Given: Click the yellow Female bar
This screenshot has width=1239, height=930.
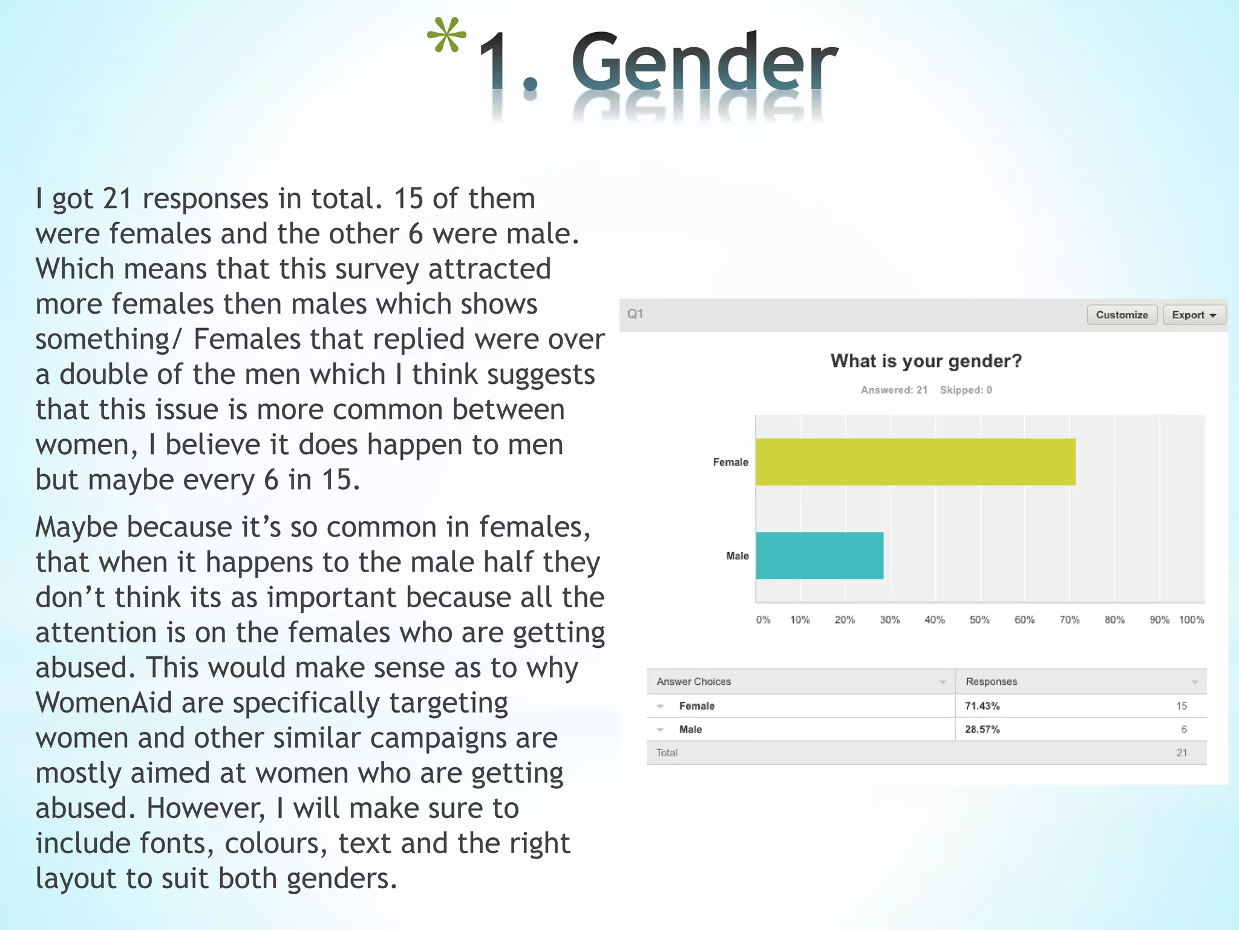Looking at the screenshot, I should coord(915,462).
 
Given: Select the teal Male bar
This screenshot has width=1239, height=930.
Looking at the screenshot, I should coord(820,556).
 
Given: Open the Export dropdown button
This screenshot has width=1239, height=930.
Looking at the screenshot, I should coord(1194,315).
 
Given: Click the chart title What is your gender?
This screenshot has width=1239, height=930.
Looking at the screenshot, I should coord(926,361).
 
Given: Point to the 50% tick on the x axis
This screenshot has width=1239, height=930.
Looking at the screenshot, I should coord(979,620).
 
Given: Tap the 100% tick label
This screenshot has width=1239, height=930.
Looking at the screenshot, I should coord(1191,620).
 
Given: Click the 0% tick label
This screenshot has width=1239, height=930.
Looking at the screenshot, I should coord(763,620).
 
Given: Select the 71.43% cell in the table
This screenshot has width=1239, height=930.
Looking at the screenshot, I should coord(982,706).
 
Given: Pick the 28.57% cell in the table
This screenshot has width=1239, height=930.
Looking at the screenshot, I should coord(982,730).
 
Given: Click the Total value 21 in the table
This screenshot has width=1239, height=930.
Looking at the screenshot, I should coord(1182,753).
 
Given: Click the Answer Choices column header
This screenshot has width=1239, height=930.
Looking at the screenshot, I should coord(693,682).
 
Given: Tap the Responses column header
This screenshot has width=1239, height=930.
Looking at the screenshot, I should coord(991,682).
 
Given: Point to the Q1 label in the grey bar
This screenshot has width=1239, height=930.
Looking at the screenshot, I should coord(635,314).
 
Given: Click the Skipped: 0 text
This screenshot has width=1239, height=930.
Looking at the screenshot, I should coord(966,390).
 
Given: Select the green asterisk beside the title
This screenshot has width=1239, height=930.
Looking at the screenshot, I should coord(446,36).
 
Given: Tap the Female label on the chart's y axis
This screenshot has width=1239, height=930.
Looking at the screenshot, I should coord(730,463).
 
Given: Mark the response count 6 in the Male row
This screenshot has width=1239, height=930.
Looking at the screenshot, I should coord(1184,730).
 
